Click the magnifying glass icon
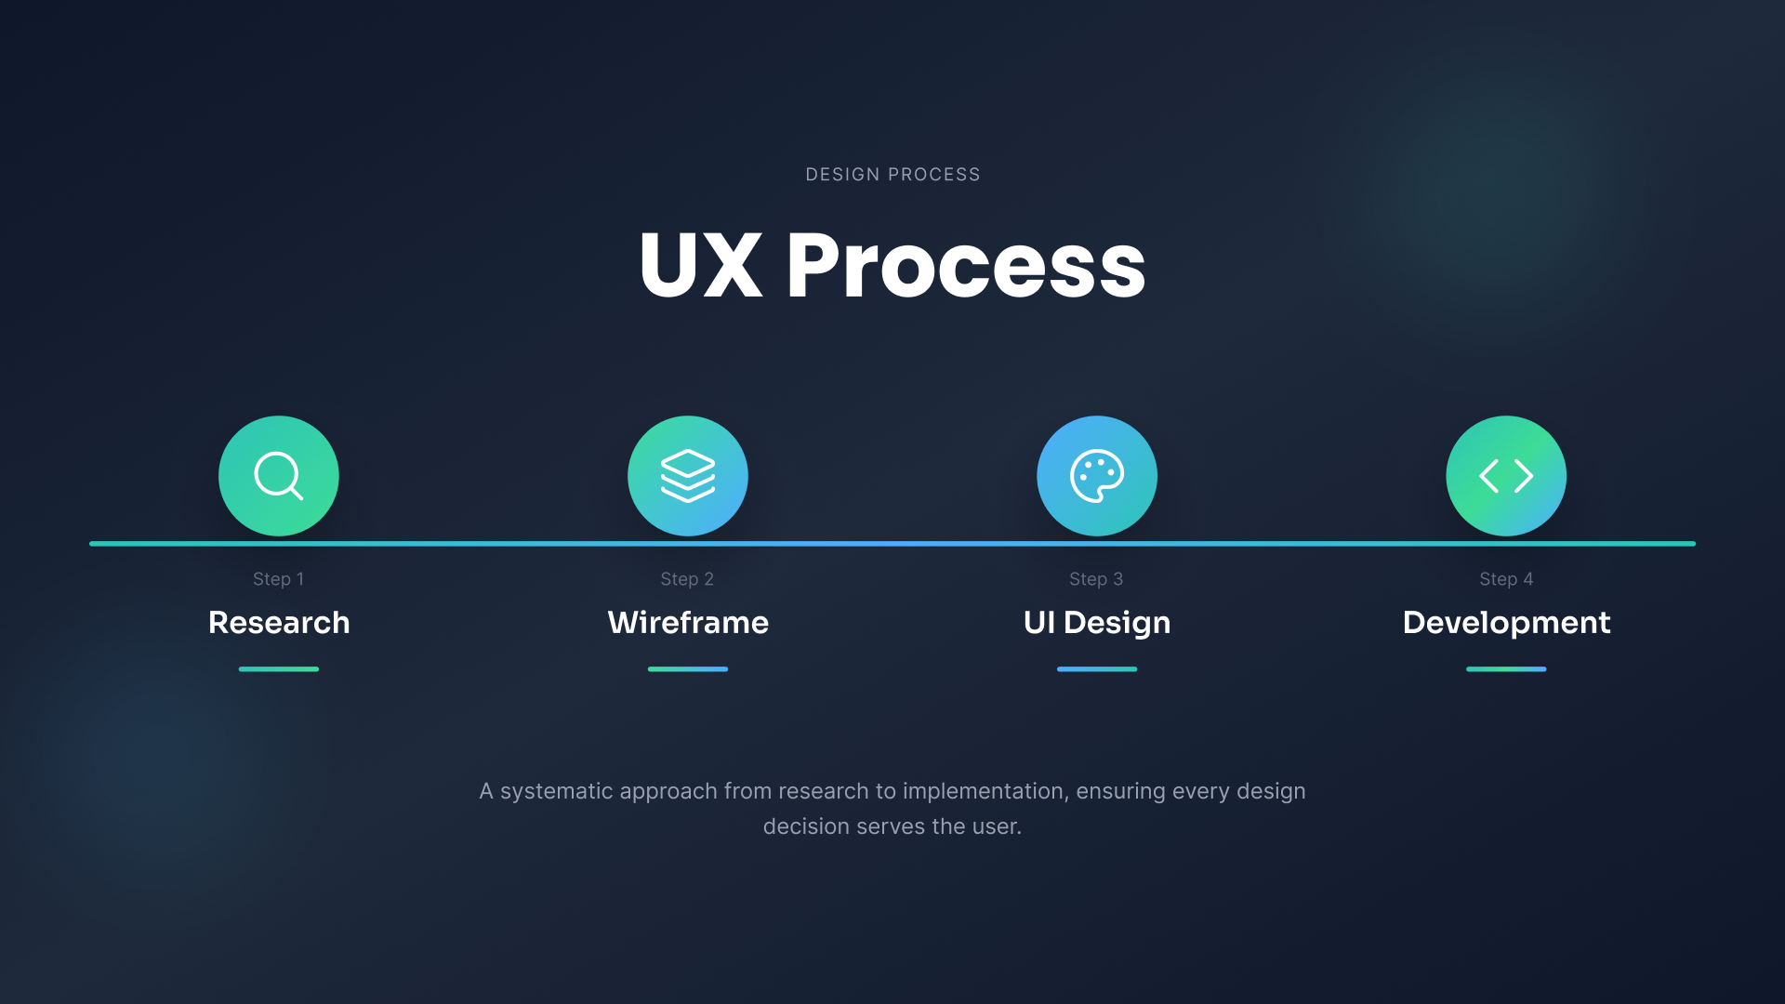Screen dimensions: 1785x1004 click(277, 474)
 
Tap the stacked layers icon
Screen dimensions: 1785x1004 click(688, 476)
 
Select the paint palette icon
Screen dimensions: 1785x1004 click(1097, 476)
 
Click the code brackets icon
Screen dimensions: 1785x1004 click(1506, 476)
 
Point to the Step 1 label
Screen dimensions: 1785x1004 click(279, 579)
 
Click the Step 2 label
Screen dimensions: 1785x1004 click(687, 579)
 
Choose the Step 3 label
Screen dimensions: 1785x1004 click(1096, 579)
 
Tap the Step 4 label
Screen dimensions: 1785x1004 click(1506, 579)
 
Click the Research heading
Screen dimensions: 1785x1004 click(279, 622)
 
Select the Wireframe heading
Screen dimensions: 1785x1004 click(688, 622)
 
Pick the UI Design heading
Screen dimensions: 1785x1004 click(1097, 623)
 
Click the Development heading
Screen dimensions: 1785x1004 click(1506, 623)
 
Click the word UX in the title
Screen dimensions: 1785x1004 click(701, 265)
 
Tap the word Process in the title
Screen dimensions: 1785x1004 click(966, 265)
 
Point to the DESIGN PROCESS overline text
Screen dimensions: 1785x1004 click(892, 175)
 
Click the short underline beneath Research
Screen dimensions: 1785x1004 click(279, 669)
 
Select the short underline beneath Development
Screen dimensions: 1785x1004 click(1506, 669)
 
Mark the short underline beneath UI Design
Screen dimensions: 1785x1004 click(1097, 669)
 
